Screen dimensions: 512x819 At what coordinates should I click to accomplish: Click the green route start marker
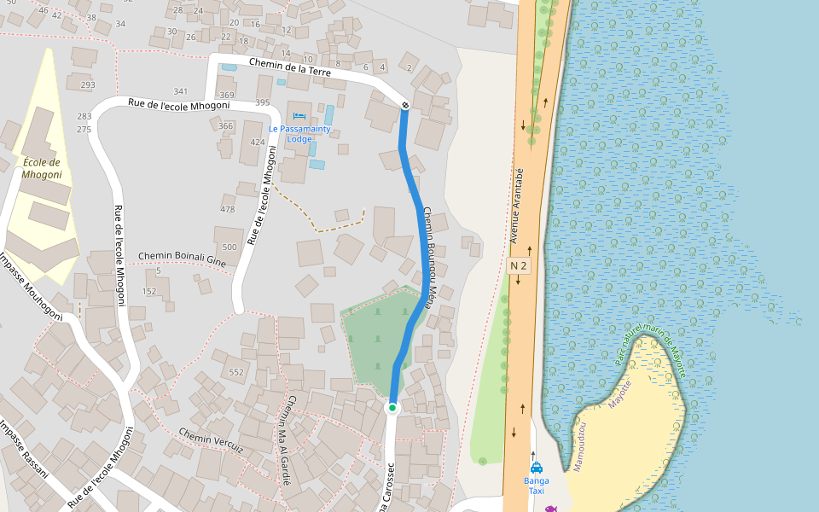click(x=392, y=408)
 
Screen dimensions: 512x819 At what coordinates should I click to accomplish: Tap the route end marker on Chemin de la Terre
click(x=405, y=105)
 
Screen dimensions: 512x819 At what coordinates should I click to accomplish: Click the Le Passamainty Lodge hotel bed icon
click(x=299, y=116)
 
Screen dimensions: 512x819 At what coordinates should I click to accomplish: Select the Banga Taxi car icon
click(x=537, y=468)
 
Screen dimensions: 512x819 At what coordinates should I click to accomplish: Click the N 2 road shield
click(x=519, y=266)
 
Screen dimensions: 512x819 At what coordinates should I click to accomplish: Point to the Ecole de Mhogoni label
click(x=42, y=168)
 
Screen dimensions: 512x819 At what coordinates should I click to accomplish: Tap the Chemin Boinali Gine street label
click(x=182, y=259)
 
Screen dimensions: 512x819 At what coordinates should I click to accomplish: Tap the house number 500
click(x=229, y=247)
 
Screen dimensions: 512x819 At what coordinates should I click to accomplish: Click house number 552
click(x=236, y=373)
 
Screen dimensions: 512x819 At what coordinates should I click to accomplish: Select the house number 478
click(x=228, y=209)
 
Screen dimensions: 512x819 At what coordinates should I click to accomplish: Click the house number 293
click(x=87, y=85)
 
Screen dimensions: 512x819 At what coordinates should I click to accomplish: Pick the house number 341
click(x=180, y=91)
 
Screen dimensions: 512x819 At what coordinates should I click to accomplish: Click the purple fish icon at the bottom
click(x=550, y=509)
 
